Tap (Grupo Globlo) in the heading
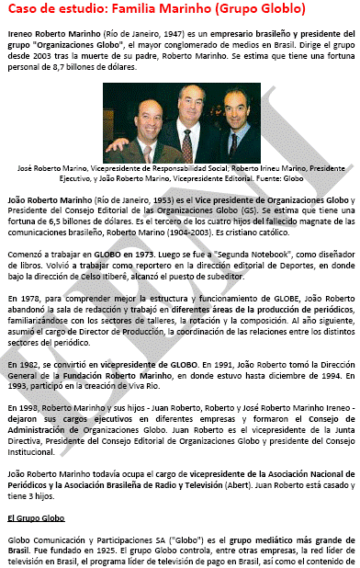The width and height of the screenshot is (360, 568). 259,11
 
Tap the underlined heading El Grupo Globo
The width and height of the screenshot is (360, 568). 39,518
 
